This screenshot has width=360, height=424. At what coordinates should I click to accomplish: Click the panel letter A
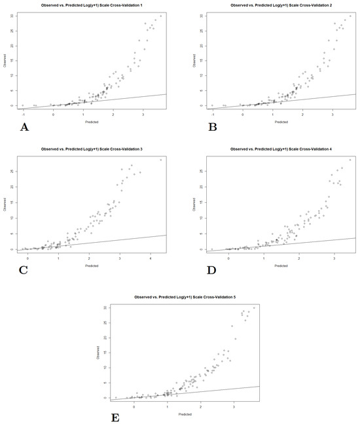coord(25,127)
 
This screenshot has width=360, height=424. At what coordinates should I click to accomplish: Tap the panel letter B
coord(213,127)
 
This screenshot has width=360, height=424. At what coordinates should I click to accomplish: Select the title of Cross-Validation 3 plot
coord(92,150)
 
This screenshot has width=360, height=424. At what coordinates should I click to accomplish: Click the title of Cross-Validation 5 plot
coord(185,298)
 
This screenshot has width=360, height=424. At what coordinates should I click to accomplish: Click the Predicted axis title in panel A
coord(92,122)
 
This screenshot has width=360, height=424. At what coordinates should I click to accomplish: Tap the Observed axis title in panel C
coord(5,205)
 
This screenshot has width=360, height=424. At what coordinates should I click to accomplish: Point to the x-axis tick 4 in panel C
coord(151,259)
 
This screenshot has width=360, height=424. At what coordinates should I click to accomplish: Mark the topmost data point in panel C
coord(160,160)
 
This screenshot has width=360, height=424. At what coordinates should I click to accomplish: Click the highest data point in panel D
coord(350,160)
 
